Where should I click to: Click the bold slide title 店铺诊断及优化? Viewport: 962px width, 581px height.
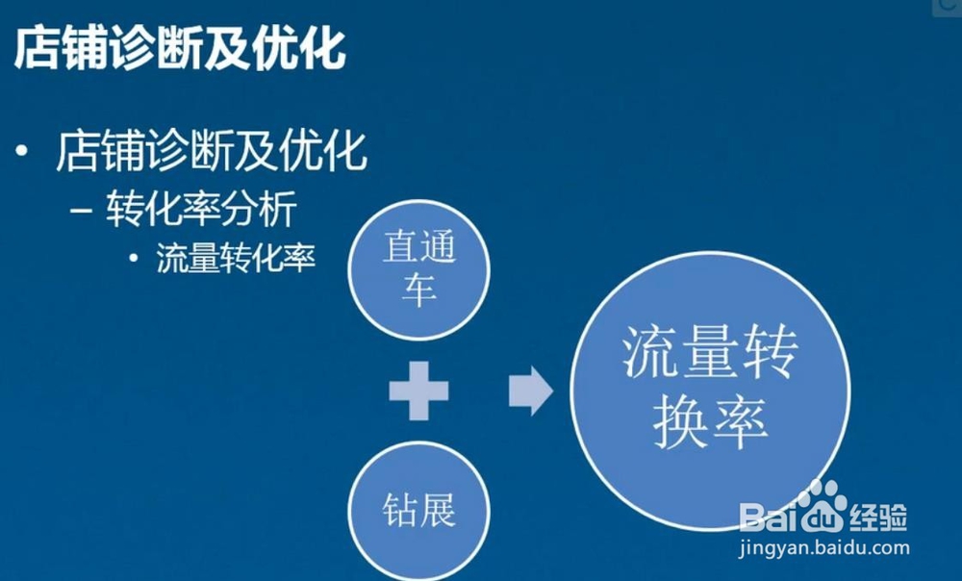pos(180,47)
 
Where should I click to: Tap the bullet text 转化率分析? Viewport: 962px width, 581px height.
pos(202,209)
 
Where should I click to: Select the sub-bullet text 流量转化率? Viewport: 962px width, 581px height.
pos(237,258)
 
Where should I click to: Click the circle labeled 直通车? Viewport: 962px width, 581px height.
pos(419,270)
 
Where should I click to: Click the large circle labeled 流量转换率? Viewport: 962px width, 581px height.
pos(711,391)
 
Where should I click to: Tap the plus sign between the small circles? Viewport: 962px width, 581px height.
pos(419,391)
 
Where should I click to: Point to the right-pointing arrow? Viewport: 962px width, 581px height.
pos(531,391)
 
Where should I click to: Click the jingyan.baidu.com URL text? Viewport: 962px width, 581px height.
pos(824,547)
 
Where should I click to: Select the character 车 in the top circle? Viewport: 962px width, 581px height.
pos(419,290)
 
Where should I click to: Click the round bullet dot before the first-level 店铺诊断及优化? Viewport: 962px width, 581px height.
pos(23,150)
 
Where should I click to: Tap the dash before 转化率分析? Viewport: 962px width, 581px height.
pos(81,211)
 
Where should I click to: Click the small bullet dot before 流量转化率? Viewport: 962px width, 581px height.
pos(135,259)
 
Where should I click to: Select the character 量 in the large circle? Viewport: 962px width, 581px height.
pos(711,352)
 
